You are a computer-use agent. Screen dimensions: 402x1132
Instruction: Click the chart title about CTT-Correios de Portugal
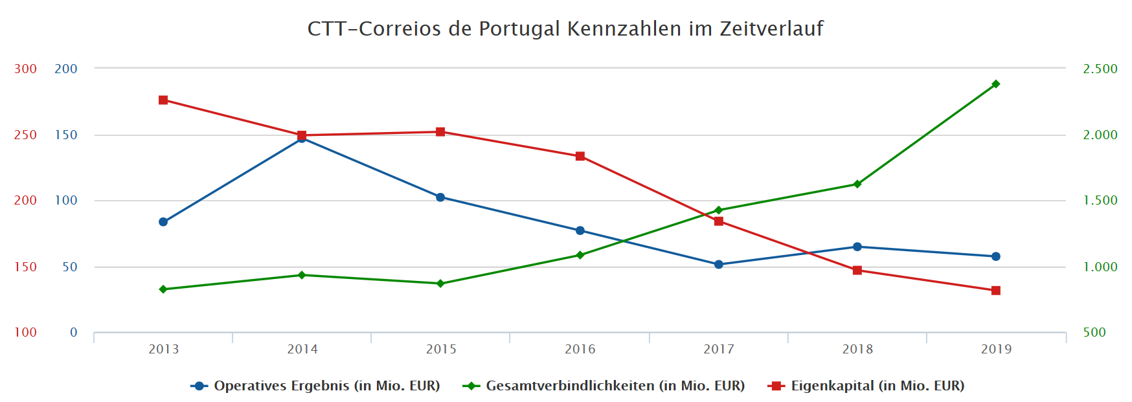[x=565, y=29]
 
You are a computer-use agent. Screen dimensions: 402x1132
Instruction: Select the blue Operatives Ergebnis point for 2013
[x=163, y=222]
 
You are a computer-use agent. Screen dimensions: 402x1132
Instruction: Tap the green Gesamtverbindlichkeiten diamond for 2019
[x=996, y=84]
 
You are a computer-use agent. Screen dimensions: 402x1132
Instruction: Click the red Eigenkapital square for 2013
[x=163, y=100]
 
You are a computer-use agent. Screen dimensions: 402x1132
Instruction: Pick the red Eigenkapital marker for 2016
[x=580, y=156]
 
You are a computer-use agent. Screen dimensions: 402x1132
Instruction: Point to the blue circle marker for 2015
[x=440, y=197]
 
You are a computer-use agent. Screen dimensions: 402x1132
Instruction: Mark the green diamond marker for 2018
[x=857, y=184]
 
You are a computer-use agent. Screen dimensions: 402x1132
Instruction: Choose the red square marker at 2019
[x=996, y=291]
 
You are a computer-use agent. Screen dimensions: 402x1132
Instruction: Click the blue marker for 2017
[x=719, y=264]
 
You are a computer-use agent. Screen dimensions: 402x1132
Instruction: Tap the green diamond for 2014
[x=302, y=275]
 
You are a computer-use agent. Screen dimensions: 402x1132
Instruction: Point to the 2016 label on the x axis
[x=580, y=350]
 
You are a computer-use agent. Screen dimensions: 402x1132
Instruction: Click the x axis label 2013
[x=164, y=350]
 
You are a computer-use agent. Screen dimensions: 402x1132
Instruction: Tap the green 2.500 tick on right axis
[x=1100, y=69]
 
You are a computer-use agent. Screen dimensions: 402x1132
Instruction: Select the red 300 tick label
[x=25, y=69]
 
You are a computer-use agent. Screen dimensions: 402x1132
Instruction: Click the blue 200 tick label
[x=65, y=69]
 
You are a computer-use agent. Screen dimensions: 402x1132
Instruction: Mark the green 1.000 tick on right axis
[x=1100, y=267]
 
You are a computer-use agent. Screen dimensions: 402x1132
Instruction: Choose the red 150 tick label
[x=25, y=267]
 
